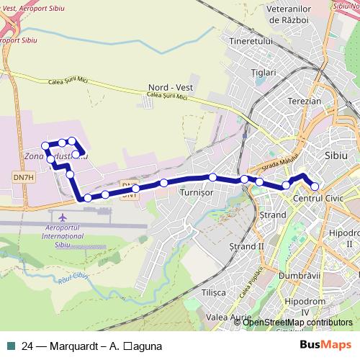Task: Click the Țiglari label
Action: [x=264, y=73]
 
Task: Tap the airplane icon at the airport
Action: [x=64, y=216]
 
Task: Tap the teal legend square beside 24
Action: [x=12, y=345]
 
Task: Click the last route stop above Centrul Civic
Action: [x=315, y=187]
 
